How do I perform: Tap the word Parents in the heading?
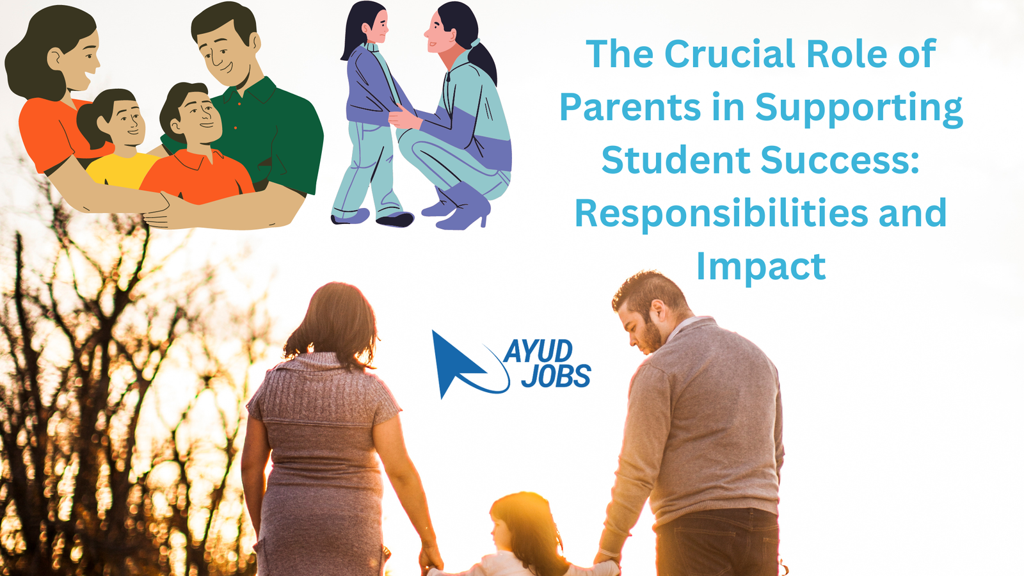(630, 107)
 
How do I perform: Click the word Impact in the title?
(761, 268)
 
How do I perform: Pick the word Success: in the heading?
(840, 160)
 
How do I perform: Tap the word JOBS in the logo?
(556, 376)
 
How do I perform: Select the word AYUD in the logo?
(538, 351)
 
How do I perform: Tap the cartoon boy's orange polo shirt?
(196, 179)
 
